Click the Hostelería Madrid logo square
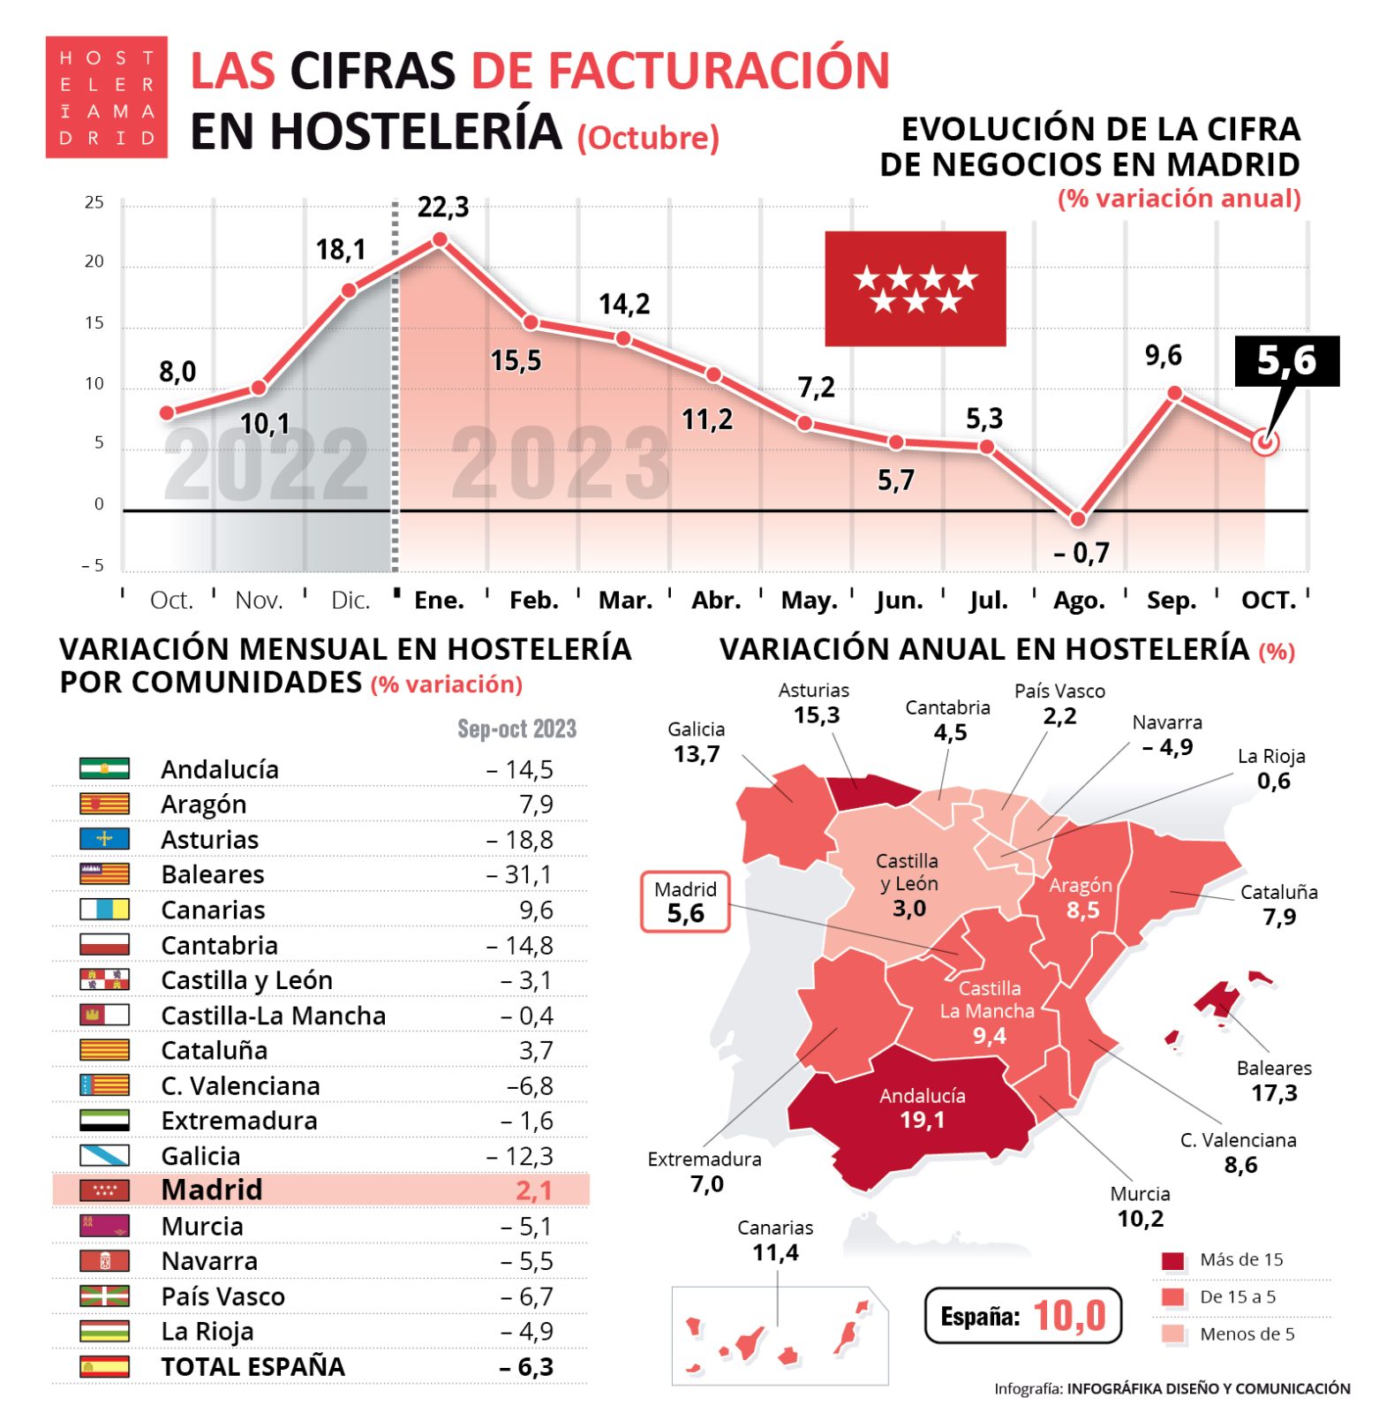point(106,97)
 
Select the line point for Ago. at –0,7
point(1077,518)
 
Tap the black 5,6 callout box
point(1286,360)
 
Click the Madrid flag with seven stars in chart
point(915,289)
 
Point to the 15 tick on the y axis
point(94,323)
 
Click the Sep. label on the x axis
point(1171,601)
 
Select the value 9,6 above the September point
point(1163,355)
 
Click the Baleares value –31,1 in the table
point(519,874)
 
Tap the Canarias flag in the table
point(104,910)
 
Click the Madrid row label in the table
point(212,1190)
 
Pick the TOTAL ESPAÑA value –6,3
point(526,1366)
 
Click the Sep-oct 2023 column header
point(516,729)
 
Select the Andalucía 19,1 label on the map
point(922,1108)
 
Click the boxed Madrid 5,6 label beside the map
point(685,902)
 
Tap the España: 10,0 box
point(1022,1316)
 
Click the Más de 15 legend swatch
point(1172,1260)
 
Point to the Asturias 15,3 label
point(814,703)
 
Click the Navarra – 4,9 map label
point(1166,735)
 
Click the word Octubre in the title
point(648,138)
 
